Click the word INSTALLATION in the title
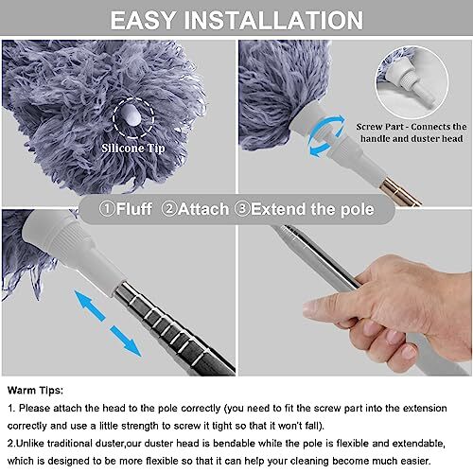(x=278, y=21)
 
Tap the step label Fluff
(x=128, y=208)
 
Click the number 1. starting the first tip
(x=10, y=407)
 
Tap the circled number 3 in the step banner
(x=242, y=208)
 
